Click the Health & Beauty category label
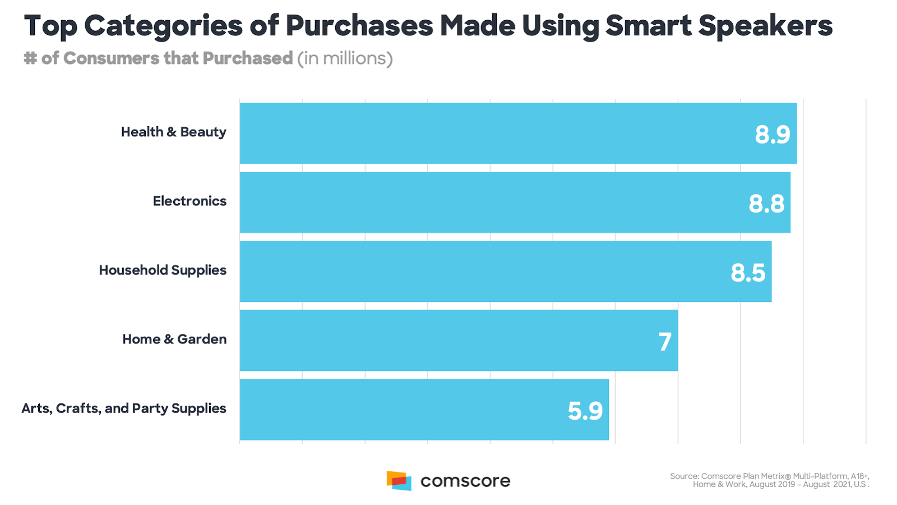point(174,132)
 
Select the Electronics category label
point(189,201)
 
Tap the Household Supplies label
point(163,270)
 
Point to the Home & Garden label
point(174,339)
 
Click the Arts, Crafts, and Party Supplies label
point(124,408)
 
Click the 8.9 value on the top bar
point(772,135)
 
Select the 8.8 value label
point(766,204)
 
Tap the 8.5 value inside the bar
point(747,273)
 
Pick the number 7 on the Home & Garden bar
point(664,342)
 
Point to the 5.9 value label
point(585,411)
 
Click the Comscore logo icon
point(399,481)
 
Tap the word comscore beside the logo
point(465,481)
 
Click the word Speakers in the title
point(765,26)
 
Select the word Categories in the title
point(164,26)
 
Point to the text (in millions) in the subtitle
point(345,58)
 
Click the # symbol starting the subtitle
point(30,58)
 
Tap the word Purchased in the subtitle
point(247,58)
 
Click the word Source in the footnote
point(684,476)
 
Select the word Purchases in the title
point(359,26)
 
